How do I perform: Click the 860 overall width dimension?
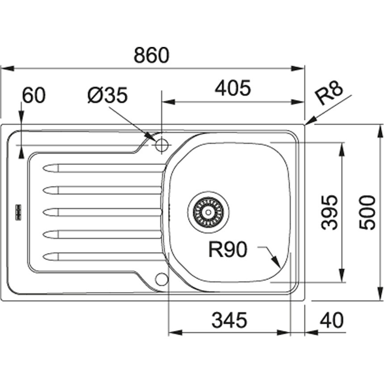point(152,55)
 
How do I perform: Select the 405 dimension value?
point(233,88)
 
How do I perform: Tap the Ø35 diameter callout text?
point(108,95)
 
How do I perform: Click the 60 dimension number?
point(34,95)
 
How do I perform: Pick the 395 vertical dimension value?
point(329,212)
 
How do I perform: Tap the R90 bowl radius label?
point(228,250)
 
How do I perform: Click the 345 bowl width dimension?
point(229,320)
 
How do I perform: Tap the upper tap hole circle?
point(161,145)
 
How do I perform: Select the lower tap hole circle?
point(161,279)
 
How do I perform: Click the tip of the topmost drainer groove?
point(45,168)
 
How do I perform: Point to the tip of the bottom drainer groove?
point(45,256)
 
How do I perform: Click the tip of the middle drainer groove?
point(45,212)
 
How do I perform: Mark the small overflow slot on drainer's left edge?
point(19,212)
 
